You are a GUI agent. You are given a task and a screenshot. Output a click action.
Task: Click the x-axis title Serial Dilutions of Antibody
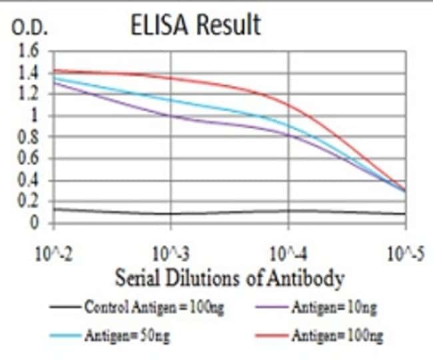point(230,277)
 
